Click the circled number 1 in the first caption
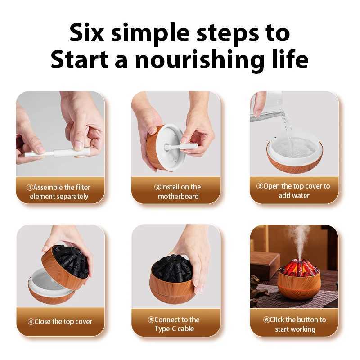(29, 187)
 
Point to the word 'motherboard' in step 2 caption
(178, 196)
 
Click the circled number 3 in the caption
(260, 186)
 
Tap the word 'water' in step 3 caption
(300, 195)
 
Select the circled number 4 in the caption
(31, 321)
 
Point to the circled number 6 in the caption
(266, 320)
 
